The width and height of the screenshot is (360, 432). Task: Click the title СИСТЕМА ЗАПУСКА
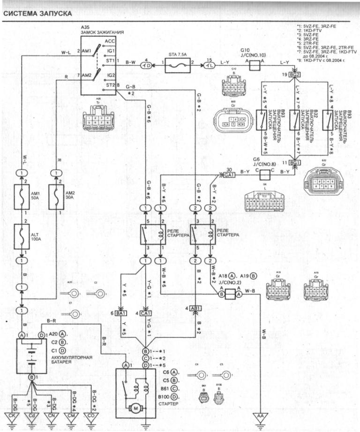[x=37, y=14]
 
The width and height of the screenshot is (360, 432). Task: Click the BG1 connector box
[x=295, y=163]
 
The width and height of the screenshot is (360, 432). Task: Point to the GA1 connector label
[x=229, y=175]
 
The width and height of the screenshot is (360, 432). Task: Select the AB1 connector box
[x=196, y=308]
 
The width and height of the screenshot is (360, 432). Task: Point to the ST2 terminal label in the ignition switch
[x=111, y=85]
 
